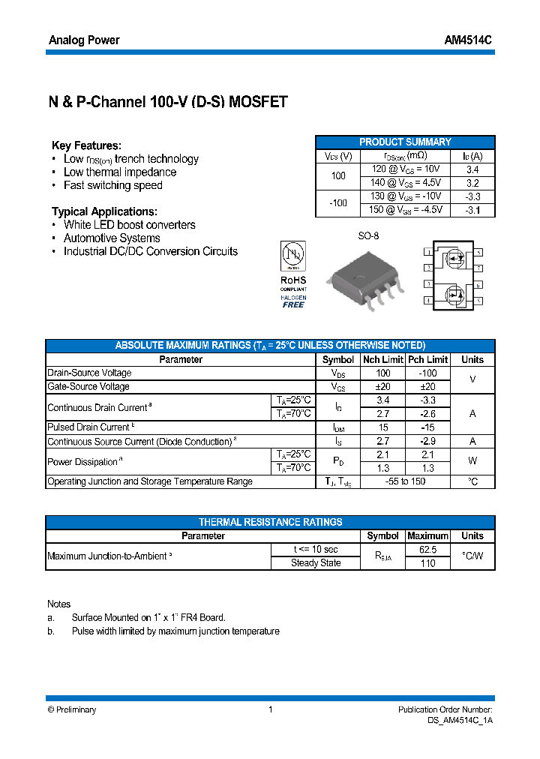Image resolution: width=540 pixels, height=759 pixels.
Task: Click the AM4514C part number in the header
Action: pos(472,40)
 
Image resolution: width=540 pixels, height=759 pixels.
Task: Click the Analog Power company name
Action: pos(84,40)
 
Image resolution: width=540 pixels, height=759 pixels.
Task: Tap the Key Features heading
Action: pos(86,145)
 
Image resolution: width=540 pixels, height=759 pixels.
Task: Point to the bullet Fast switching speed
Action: pos(112,185)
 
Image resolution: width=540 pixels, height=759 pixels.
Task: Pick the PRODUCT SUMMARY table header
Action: pos(405,142)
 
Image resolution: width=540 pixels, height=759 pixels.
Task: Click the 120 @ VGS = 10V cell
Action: pos(406,169)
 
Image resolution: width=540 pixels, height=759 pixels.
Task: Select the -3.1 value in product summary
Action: pos(472,210)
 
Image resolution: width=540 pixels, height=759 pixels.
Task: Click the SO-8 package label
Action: pos(368,235)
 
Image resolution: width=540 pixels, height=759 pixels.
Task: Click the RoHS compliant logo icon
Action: pos(293,274)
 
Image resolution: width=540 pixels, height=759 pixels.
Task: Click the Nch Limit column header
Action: pos(382,359)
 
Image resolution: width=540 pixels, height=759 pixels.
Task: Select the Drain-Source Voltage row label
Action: pos(89,373)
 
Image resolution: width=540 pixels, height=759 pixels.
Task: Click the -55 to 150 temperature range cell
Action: pos(405,481)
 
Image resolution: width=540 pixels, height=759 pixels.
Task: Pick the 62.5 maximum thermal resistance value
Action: pos(427,549)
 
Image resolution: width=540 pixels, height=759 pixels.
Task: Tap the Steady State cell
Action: pos(316,562)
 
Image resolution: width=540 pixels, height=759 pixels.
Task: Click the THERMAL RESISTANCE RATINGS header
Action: pos(270,522)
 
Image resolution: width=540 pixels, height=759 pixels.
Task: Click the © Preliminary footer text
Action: pos(72,709)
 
